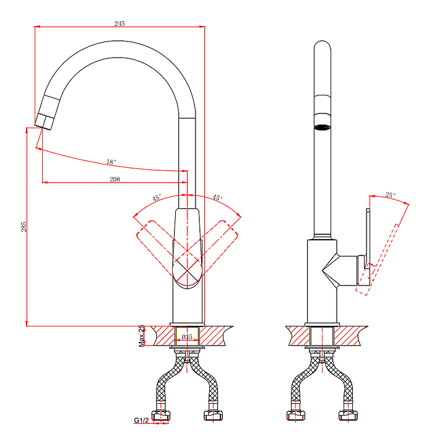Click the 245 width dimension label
coord(119,24)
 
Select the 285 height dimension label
coord(24,227)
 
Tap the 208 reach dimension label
coord(115,179)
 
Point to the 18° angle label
coord(111,162)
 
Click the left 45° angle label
coord(157,198)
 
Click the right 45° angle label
coord(217,198)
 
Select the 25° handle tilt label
coord(391,195)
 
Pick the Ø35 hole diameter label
coord(187,337)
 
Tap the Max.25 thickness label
coord(141,336)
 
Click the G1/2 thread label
coord(141,420)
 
